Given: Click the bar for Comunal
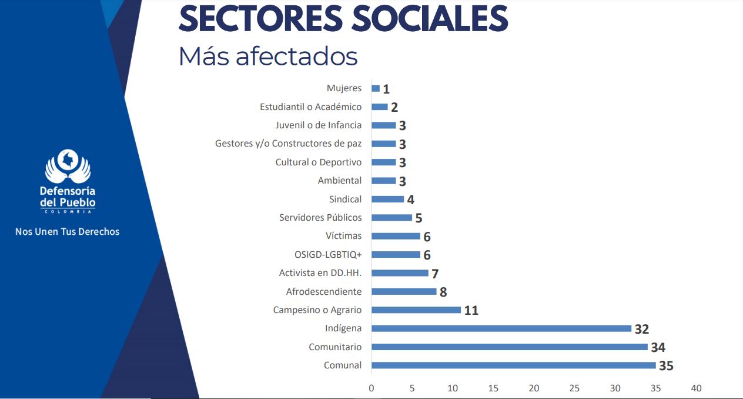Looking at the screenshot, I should (513, 365).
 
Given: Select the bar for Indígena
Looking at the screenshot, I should (501, 328).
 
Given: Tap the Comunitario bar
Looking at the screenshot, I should (509, 347).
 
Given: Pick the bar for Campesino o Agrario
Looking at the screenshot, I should (416, 310).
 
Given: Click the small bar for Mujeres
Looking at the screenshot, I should (376, 88).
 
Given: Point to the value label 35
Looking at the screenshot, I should (665, 366).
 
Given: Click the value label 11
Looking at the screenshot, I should (471, 311).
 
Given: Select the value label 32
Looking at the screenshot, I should (641, 330).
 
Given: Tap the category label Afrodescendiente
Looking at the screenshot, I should (324, 292).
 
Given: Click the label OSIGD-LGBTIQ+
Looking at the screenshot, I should (328, 255).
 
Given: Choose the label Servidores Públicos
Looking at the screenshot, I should (320, 218).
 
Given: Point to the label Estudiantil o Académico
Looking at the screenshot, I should (310, 107).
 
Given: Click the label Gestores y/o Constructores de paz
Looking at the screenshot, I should (288, 144).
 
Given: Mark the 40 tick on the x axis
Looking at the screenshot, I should (696, 388).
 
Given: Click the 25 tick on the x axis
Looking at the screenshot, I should (574, 388).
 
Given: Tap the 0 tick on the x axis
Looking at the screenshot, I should (371, 388).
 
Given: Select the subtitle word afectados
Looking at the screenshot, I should (296, 56).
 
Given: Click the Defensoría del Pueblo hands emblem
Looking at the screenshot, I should (68, 167).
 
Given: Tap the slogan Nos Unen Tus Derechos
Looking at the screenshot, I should (67, 232).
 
